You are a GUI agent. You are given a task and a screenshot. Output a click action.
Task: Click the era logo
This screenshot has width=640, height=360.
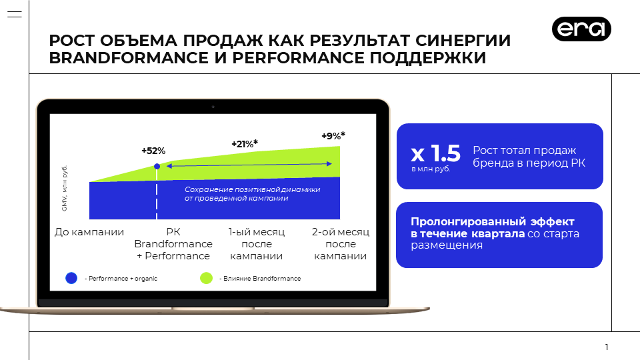pos(581,29)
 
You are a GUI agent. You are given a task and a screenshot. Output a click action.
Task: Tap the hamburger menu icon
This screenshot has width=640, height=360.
pos(15,14)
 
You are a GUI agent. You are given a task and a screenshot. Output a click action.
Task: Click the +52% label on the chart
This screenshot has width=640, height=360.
pos(153,151)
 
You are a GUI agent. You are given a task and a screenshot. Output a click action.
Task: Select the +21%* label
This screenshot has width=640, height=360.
pos(245,144)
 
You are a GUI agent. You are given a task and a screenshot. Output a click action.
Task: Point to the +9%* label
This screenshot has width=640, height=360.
pos(333,135)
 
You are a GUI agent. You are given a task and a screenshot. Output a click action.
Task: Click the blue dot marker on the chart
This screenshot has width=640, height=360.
pos(157,167)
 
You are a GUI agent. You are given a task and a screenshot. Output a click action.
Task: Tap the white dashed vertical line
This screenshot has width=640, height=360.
pos(157,194)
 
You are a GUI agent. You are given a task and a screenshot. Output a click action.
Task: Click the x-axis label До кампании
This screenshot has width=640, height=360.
pos(89,232)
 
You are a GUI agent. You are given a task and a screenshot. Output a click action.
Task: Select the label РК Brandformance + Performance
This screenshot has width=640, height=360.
pos(173,244)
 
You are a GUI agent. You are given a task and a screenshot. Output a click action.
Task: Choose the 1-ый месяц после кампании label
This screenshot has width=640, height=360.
pos(256,244)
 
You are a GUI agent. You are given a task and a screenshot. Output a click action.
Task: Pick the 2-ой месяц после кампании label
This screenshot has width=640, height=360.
pos(341,244)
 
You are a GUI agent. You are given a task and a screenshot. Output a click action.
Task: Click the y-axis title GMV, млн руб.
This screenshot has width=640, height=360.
pos(65,188)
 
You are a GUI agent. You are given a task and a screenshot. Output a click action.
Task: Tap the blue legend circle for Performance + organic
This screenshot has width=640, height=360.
pos(71,278)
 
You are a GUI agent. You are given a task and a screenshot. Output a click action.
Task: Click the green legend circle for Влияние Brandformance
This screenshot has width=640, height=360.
pos(206,278)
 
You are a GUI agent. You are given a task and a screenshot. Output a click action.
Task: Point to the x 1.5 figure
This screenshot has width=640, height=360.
pos(435,153)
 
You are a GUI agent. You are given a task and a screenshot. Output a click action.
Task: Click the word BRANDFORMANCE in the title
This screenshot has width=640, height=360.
pos(129,58)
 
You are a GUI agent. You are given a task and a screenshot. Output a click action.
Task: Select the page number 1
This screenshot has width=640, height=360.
pos(607,347)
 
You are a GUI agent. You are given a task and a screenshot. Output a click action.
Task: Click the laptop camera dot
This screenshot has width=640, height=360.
pos(213,107)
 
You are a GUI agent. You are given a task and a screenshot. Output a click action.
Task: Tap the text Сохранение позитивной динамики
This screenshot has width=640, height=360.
pos(252,189)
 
